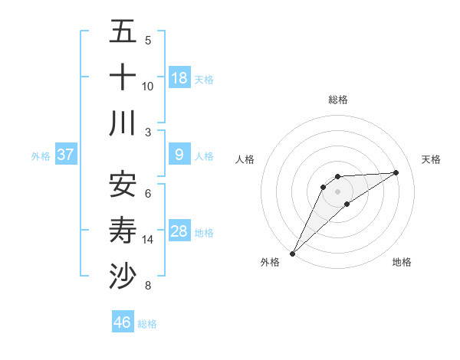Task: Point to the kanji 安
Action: click(123, 184)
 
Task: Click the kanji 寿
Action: click(123, 230)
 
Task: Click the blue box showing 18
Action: click(179, 77)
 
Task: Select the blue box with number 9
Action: click(179, 155)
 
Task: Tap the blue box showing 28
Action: click(179, 231)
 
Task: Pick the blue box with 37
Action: click(66, 155)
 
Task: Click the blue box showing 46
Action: click(123, 322)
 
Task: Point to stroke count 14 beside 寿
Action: click(148, 240)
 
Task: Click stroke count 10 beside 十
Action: click(148, 86)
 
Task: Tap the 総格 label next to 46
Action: click(147, 324)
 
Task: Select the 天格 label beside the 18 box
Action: click(204, 79)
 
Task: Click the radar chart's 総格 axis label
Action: click(337, 100)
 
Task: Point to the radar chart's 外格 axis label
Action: click(270, 262)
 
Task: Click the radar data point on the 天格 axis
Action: click(396, 172)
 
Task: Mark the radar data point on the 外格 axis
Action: click(292, 253)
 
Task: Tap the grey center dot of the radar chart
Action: click(337, 191)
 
